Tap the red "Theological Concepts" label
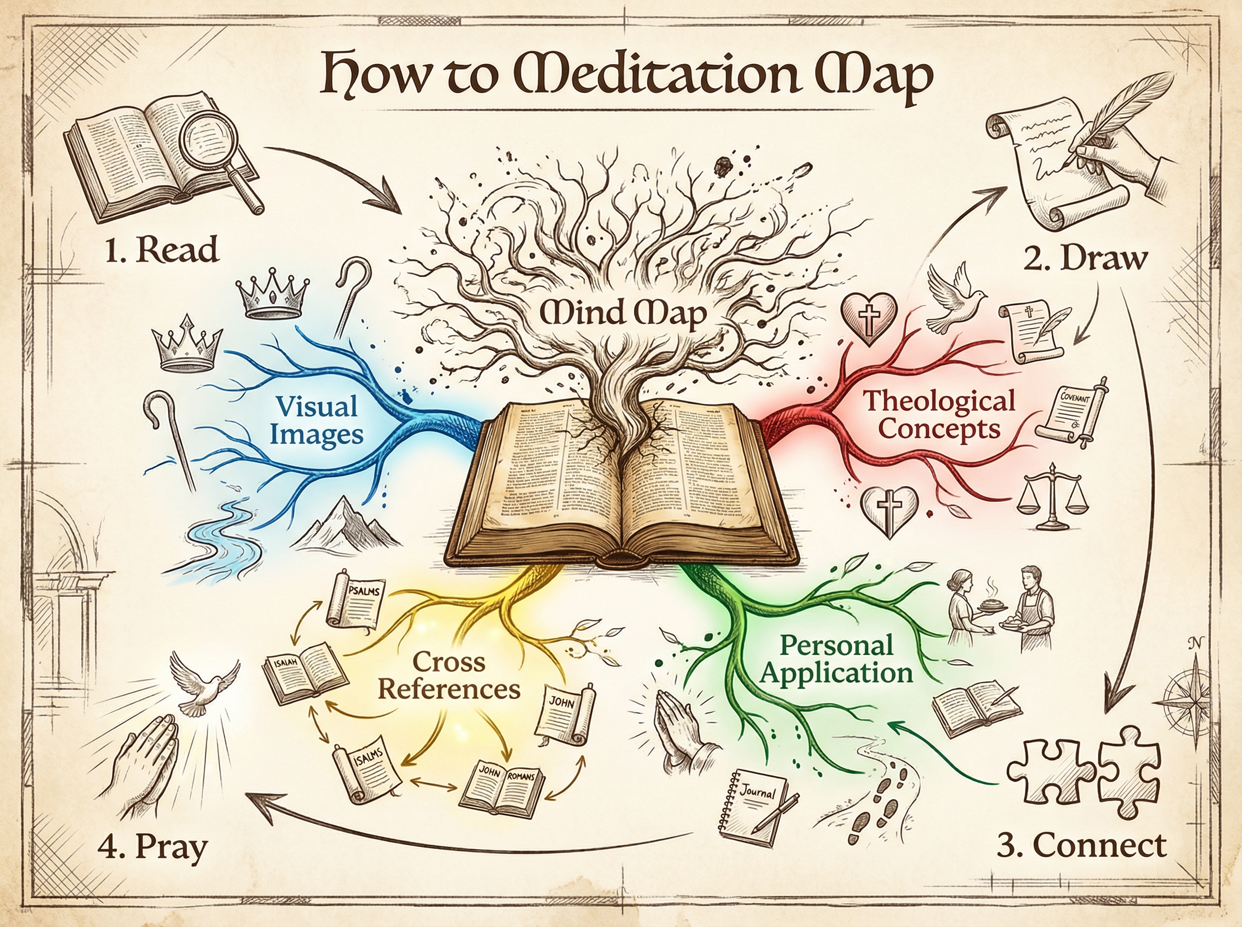(939, 415)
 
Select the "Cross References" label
(449, 676)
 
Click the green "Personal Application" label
(836, 660)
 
